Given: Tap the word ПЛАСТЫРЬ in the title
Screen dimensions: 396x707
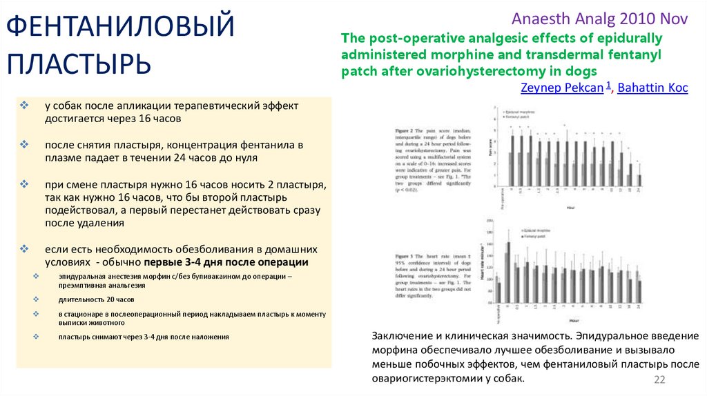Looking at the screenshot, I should point(79,64).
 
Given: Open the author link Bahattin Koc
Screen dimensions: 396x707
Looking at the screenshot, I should point(652,88).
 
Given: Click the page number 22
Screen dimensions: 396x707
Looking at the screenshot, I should point(659,380).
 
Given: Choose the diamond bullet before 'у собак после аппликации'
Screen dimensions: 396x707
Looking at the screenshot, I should point(24,106).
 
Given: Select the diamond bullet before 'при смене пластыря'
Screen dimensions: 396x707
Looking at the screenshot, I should point(24,185).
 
